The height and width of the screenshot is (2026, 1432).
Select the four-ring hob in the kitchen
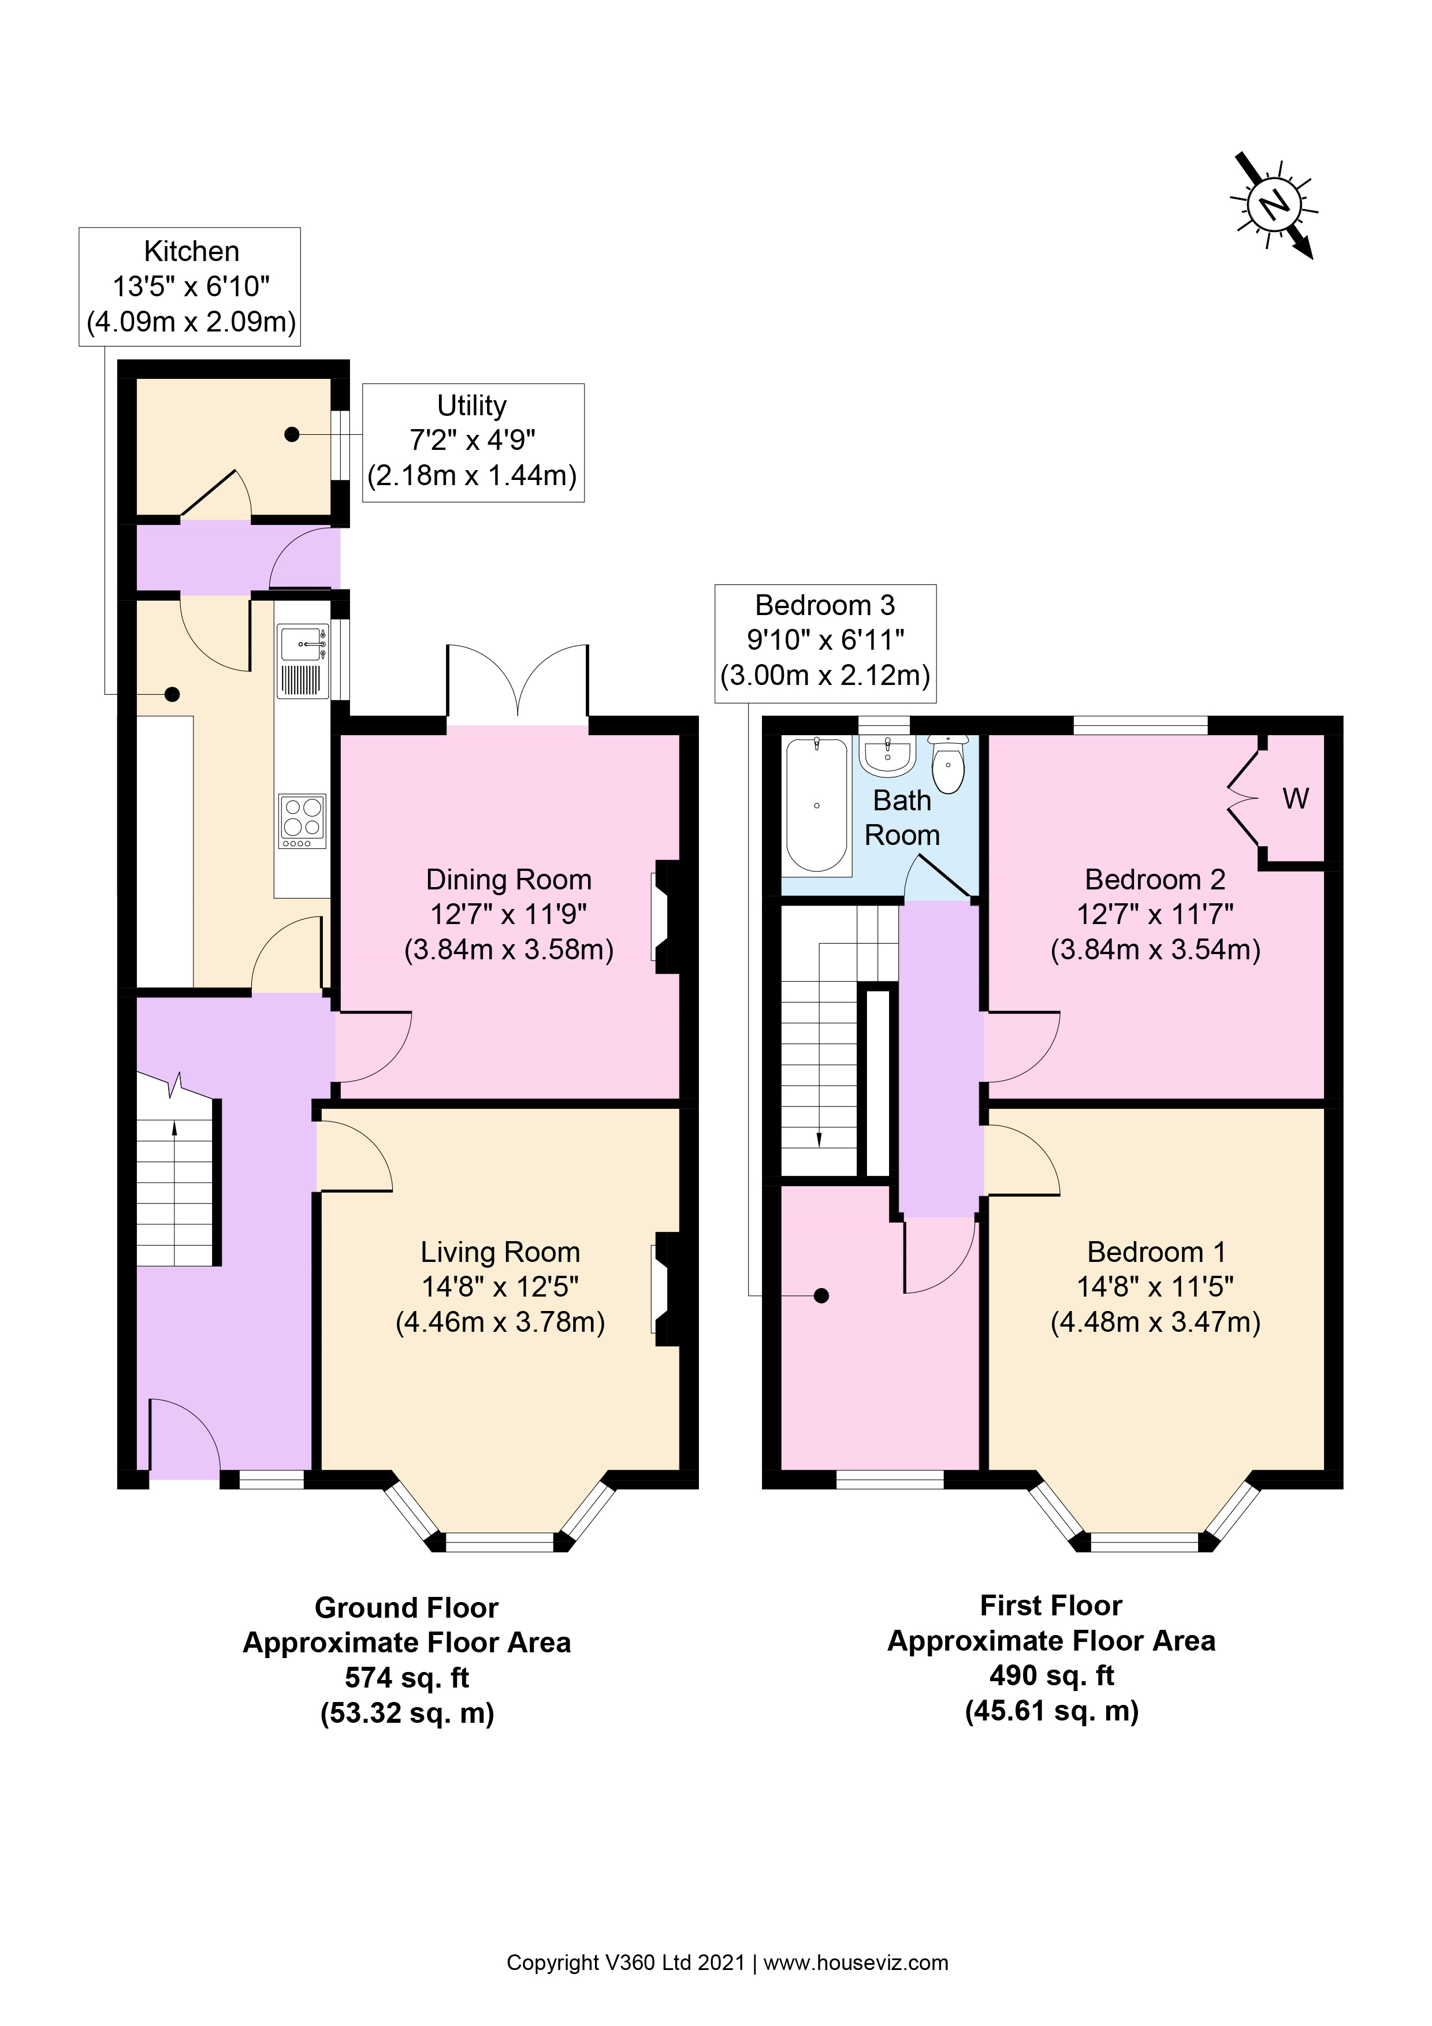pos(302,821)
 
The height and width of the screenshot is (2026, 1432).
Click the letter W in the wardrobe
pos(1295,799)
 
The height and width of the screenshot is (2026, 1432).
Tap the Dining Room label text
pos(508,880)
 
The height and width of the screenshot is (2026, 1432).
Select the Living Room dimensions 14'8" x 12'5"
pos(500,1287)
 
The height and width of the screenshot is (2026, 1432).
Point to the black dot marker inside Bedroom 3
pos(821,1295)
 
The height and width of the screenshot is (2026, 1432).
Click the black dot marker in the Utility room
pos(292,434)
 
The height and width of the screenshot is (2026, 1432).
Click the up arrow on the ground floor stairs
pos(174,1128)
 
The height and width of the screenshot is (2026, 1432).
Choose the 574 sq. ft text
pos(407,1677)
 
